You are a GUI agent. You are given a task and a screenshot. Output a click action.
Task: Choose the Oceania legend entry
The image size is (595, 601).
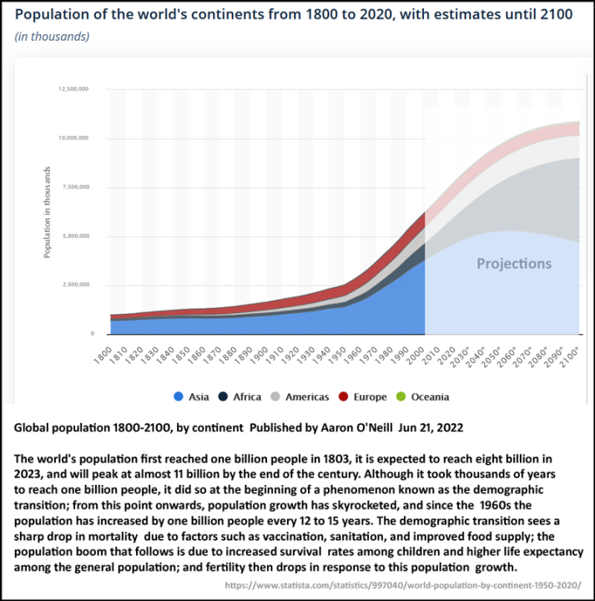point(425,396)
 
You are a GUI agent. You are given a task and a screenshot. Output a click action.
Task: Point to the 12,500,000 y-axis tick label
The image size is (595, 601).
point(73,88)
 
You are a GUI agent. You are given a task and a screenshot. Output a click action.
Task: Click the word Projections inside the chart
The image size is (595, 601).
point(513,264)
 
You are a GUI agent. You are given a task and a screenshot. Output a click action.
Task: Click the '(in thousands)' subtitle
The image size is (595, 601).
point(52,36)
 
